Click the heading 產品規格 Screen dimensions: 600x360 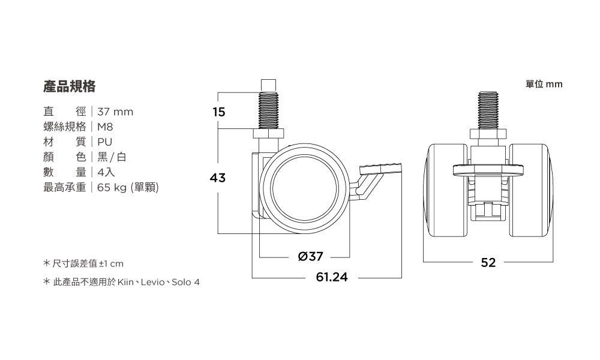point(69,86)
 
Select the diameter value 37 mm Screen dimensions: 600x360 point(115,112)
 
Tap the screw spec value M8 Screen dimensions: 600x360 point(105,127)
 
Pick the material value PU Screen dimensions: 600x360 point(104,142)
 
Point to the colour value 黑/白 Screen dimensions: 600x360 point(112,157)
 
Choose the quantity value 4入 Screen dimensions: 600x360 point(106,172)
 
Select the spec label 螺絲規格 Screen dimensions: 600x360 point(65,127)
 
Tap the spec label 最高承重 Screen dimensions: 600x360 point(65,187)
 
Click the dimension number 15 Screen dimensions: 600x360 point(219,112)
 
